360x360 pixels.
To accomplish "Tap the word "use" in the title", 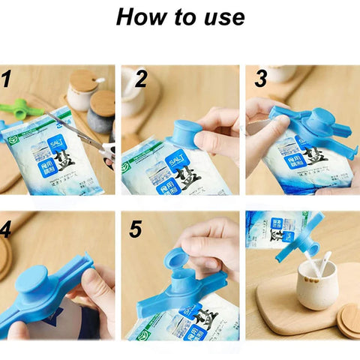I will coord(223,18).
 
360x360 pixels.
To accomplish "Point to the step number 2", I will coord(141,79).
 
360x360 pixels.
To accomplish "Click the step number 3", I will coord(261,79).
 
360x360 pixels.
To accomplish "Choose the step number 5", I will coord(135,229).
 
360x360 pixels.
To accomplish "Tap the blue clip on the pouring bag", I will coord(297,238).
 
